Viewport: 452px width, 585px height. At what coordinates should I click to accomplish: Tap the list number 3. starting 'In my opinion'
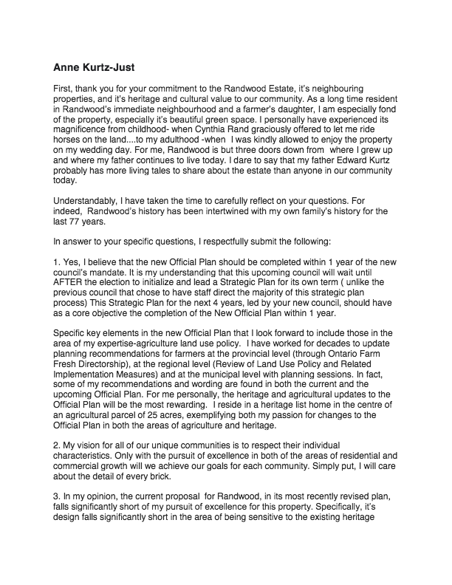[x=58, y=502]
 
